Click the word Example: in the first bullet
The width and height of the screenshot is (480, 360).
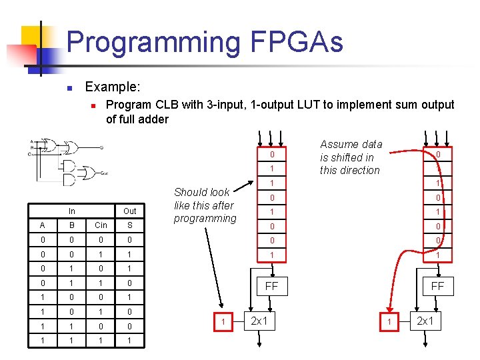point(113,87)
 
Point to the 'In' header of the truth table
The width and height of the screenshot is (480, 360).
point(71,211)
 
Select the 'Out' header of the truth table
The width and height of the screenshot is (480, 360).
point(129,211)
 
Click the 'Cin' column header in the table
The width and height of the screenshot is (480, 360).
point(100,225)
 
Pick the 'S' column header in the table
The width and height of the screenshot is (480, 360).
point(129,225)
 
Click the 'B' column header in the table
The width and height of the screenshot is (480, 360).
point(71,225)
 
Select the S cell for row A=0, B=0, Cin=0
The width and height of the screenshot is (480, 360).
point(129,239)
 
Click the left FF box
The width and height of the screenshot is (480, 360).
point(272,285)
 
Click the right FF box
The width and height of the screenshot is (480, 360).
point(437,285)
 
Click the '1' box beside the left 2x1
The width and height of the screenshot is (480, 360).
point(222,323)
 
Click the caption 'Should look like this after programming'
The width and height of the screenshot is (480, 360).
point(205,205)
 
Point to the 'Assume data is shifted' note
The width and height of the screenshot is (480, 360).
point(351,157)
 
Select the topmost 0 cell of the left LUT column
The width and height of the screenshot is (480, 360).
point(272,155)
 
